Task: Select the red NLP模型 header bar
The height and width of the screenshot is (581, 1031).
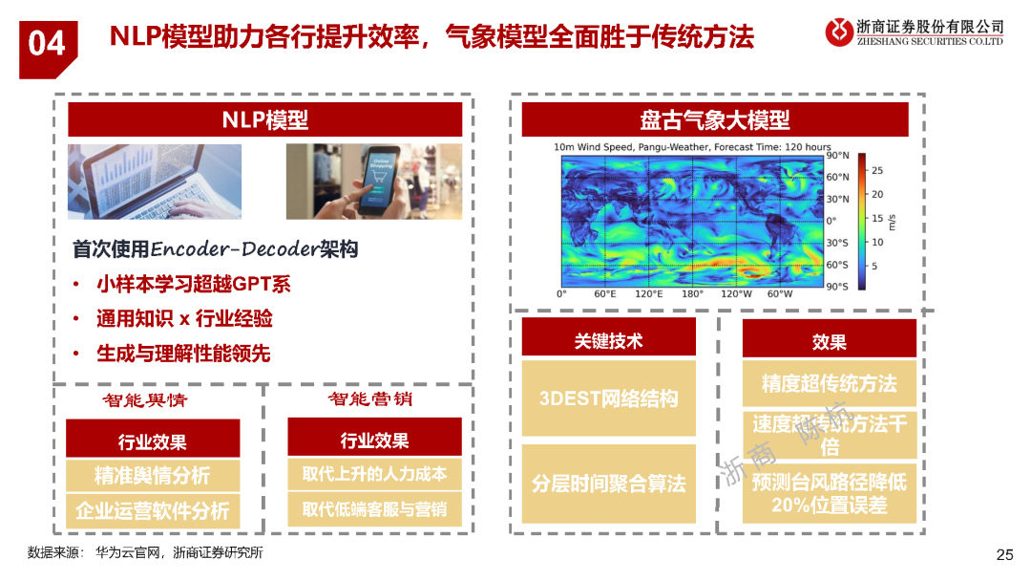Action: (x=264, y=119)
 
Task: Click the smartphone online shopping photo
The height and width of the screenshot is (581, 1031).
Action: (x=373, y=182)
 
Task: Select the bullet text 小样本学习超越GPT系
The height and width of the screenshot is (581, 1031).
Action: (x=193, y=284)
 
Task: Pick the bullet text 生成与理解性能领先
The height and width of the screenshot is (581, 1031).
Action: (x=183, y=354)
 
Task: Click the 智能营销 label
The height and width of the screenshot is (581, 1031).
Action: (x=370, y=399)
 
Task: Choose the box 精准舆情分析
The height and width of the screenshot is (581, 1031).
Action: (x=152, y=476)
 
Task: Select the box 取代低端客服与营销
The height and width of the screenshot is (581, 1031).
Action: (x=374, y=509)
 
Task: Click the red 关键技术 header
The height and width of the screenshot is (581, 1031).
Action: (x=608, y=341)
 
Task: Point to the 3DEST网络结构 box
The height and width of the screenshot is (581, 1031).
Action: (x=608, y=398)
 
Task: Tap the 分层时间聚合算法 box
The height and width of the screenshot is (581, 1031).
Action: (x=608, y=484)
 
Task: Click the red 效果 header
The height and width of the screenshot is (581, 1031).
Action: (x=829, y=341)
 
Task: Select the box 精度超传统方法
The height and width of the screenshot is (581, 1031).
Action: (x=829, y=384)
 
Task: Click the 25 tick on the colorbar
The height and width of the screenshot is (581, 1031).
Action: (x=877, y=170)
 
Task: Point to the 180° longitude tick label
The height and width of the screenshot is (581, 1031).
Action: (x=691, y=294)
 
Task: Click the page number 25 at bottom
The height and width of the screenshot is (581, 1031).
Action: (x=1004, y=555)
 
